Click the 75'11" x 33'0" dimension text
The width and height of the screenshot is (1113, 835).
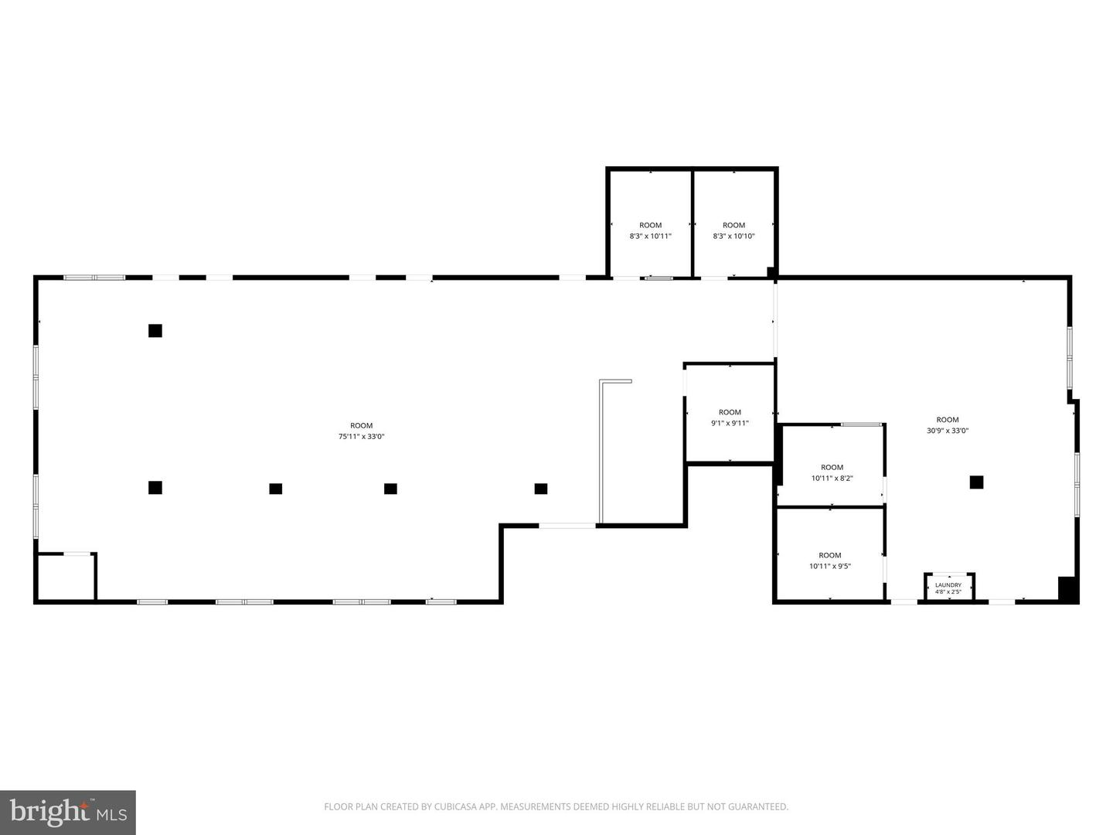[362, 437]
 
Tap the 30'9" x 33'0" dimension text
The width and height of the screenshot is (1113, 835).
[947, 431]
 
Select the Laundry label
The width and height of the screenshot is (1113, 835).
[948, 585]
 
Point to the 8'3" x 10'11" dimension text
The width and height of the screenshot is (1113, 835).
[651, 236]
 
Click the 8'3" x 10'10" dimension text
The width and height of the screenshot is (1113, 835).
[733, 236]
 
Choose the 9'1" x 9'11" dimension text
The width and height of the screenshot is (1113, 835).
[730, 423]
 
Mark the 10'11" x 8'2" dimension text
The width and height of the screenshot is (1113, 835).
[832, 478]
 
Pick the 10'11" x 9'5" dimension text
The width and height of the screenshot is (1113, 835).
[830, 566]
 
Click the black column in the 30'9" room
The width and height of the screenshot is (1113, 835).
[976, 482]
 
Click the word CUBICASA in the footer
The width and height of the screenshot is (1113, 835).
[454, 806]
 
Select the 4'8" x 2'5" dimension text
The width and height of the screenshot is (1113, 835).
[948, 591]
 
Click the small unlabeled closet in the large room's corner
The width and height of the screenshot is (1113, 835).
[66, 578]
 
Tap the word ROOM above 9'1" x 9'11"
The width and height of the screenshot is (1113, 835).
[730, 412]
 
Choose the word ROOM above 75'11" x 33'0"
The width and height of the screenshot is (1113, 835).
[362, 426]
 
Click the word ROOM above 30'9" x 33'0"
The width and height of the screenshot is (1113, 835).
[947, 420]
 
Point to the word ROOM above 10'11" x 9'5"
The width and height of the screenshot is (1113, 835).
[830, 555]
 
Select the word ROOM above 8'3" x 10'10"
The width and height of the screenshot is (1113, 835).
[733, 225]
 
